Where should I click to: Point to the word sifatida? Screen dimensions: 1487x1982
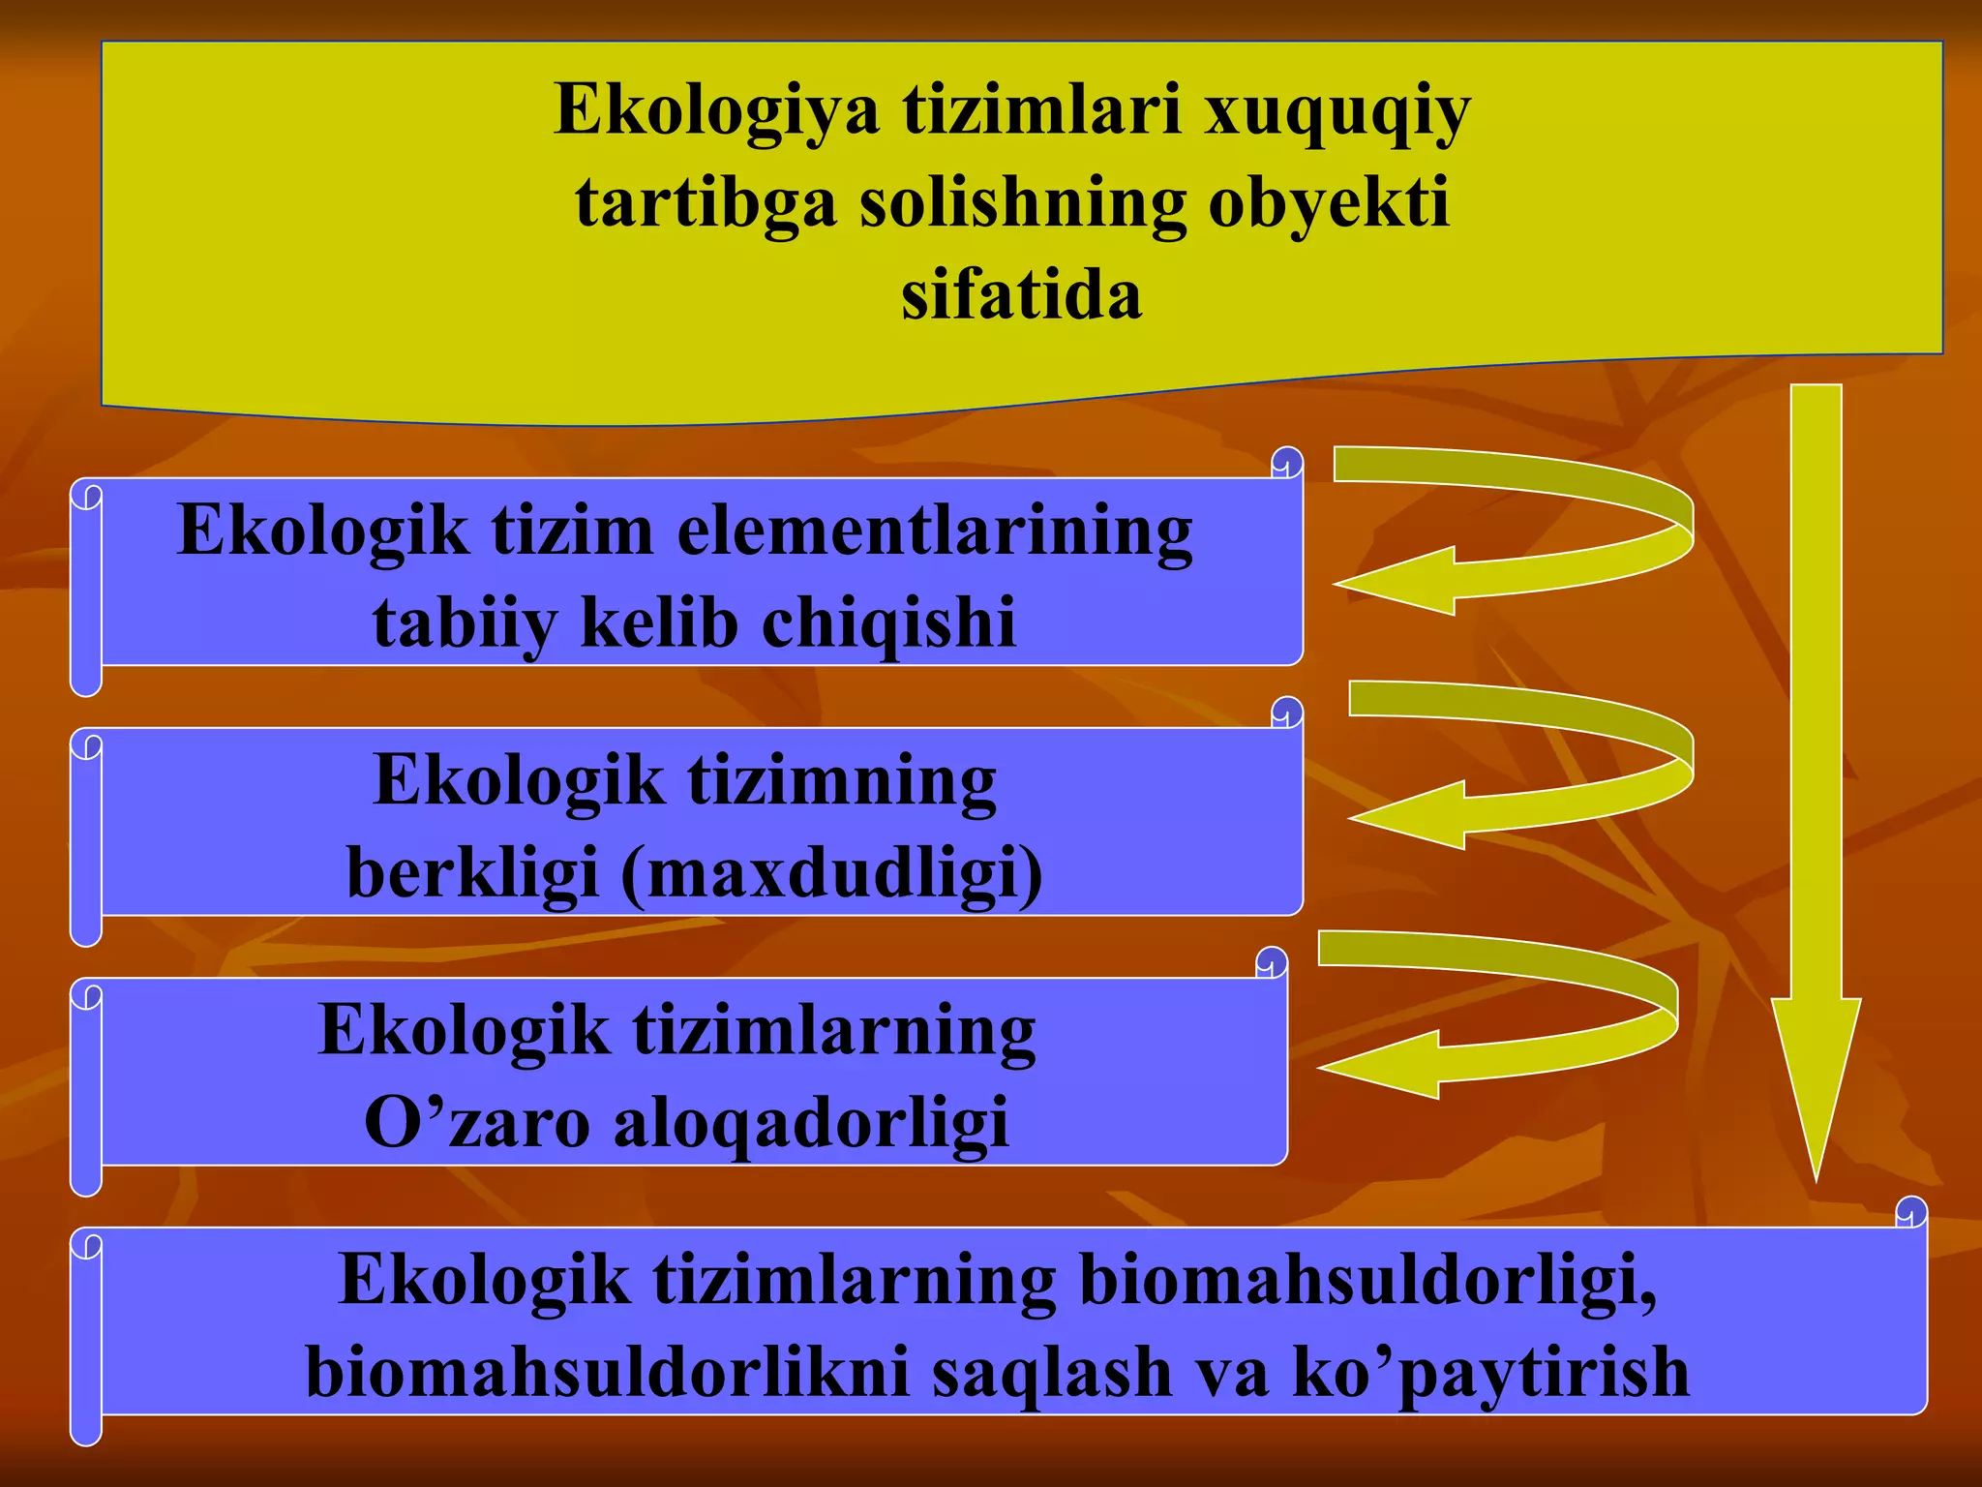pos(1021,295)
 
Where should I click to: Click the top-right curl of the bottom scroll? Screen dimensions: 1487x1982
pos(1910,1212)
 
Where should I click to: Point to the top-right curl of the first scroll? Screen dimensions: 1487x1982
pos(1287,463)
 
